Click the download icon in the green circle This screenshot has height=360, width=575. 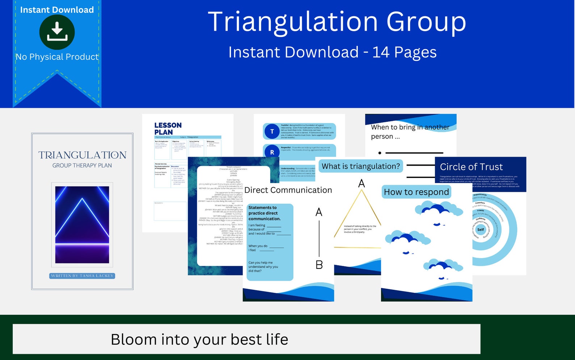tap(57, 32)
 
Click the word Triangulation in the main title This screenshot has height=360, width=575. tap(293, 22)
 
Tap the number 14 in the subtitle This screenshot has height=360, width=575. tap(381, 52)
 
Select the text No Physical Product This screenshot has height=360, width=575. tap(57, 57)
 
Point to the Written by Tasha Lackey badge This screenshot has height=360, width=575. tap(82, 276)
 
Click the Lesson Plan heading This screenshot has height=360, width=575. tap(168, 128)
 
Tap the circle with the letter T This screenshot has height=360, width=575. tap(272, 131)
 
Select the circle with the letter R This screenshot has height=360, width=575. tap(272, 152)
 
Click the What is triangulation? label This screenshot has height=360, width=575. tap(361, 166)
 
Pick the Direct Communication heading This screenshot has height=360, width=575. tap(288, 190)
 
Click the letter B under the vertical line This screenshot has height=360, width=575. tap(319, 265)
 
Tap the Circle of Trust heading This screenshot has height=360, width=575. tap(471, 167)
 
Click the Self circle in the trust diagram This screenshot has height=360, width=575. tap(480, 229)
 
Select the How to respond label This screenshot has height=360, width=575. tap(416, 192)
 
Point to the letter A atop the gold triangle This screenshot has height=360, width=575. tap(361, 183)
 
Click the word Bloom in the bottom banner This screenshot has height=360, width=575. tap(133, 339)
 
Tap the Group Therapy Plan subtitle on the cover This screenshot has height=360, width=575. tap(82, 165)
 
